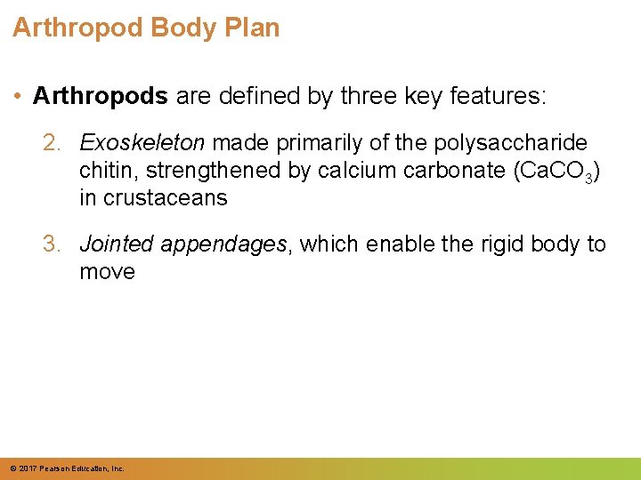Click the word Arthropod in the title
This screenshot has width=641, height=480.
(x=78, y=28)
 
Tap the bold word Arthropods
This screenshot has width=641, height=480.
(x=100, y=96)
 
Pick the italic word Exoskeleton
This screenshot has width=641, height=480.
(x=142, y=142)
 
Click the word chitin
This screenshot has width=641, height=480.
(x=101, y=170)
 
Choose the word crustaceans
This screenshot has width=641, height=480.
(x=166, y=197)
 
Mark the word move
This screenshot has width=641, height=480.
(x=107, y=272)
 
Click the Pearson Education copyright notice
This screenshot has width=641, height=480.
(x=67, y=468)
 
